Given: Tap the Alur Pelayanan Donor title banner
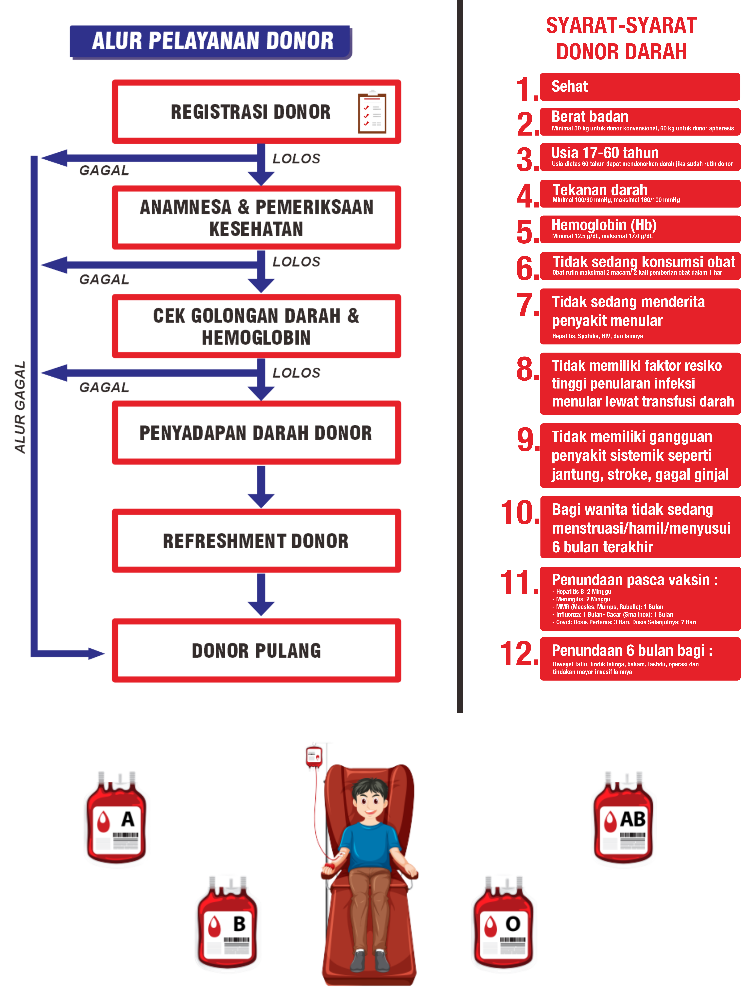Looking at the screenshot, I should [x=211, y=41].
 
